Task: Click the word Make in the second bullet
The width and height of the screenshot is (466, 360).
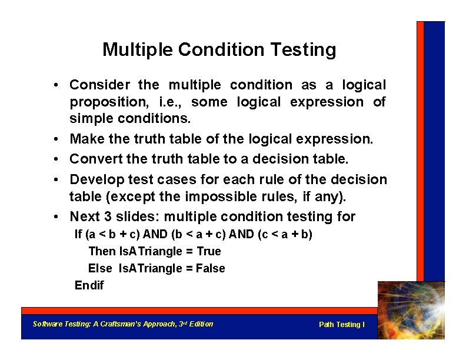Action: [x=86, y=139]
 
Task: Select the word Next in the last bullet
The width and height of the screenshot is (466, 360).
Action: [x=85, y=217]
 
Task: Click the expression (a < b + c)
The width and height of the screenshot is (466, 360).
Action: [x=111, y=235]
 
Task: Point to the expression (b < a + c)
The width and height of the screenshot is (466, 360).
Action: [x=198, y=235]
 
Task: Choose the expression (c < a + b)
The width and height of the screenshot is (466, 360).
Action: [x=285, y=235]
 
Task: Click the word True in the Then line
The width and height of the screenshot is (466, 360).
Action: [x=209, y=252]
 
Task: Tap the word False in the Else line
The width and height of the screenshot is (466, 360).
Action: [x=210, y=269]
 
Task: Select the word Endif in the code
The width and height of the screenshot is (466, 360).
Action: [x=89, y=286]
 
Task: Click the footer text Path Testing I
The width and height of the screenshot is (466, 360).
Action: [x=341, y=325]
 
